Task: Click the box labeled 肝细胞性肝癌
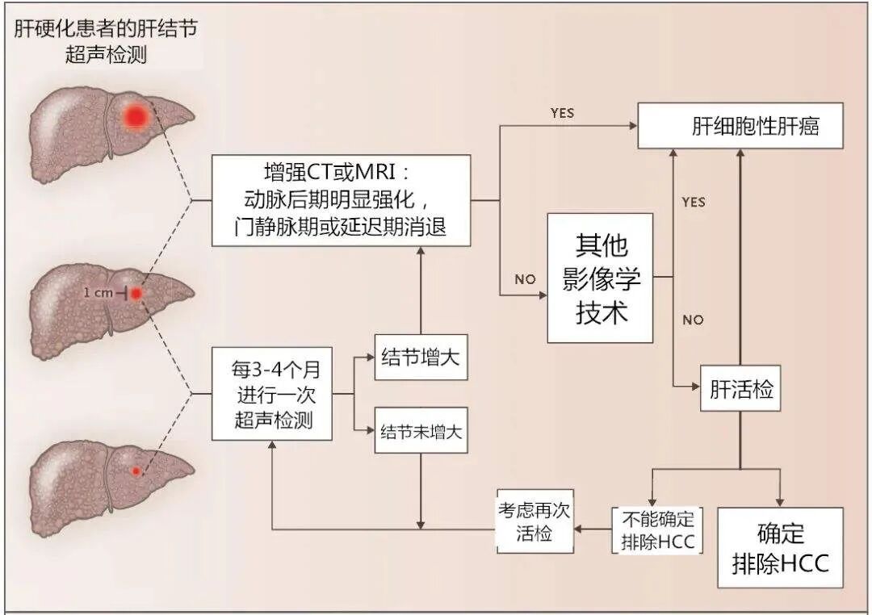[740, 126]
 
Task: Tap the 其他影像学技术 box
[600, 278]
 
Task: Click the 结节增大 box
[421, 357]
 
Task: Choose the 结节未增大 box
[421, 429]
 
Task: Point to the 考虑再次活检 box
[535, 524]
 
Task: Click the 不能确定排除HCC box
[657, 529]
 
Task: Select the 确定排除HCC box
[780, 547]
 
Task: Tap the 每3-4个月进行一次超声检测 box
[272, 394]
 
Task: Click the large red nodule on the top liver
[135, 117]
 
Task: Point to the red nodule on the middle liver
[136, 294]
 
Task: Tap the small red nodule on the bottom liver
[136, 471]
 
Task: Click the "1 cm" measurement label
[99, 294]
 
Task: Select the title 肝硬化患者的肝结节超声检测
[106, 42]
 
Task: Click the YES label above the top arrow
[562, 113]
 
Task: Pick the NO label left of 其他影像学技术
[525, 279]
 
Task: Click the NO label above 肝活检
[693, 320]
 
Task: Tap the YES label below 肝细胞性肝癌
[693, 202]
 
